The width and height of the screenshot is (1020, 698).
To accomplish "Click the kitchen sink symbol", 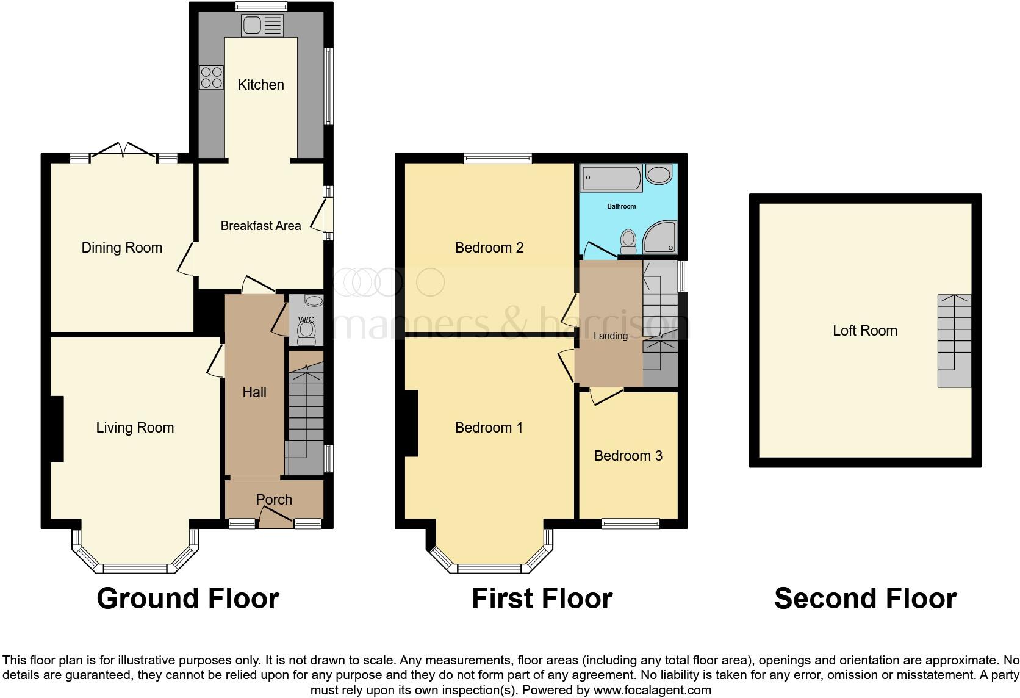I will pyautogui.click(x=262, y=25).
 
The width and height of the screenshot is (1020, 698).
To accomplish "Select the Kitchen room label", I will pyautogui.click(x=260, y=85).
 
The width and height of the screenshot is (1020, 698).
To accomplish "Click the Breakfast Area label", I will pyautogui.click(x=260, y=226).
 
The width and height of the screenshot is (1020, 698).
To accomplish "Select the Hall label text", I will pyautogui.click(x=254, y=392).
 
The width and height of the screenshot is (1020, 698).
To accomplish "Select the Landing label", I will pyautogui.click(x=610, y=336).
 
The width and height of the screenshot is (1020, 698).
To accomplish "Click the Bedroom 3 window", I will pyautogui.click(x=631, y=523).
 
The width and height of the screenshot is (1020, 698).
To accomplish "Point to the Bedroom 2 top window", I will pyautogui.click(x=497, y=159).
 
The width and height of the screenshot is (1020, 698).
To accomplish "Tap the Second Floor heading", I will pyautogui.click(x=864, y=599).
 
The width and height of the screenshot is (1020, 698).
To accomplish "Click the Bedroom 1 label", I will pyautogui.click(x=489, y=428).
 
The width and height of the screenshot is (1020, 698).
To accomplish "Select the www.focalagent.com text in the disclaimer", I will pyautogui.click(x=652, y=690).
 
